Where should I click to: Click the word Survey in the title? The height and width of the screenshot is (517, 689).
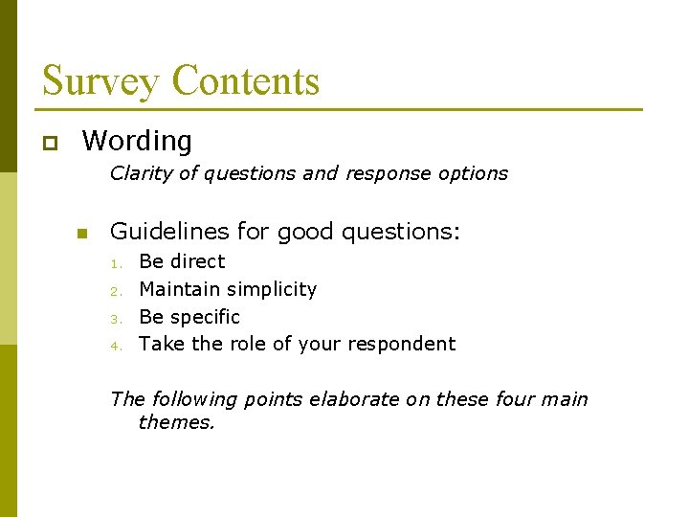point(100,80)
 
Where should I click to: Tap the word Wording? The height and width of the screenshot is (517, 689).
point(137,142)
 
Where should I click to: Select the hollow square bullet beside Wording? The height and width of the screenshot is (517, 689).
point(49,144)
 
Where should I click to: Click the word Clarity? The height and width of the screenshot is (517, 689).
point(140,173)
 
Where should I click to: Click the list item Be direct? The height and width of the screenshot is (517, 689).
point(182,261)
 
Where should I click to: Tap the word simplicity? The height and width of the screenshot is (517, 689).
point(269,289)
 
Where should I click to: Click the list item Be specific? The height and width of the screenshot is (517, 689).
point(189,317)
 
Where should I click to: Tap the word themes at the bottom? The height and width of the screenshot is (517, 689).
point(176,422)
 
